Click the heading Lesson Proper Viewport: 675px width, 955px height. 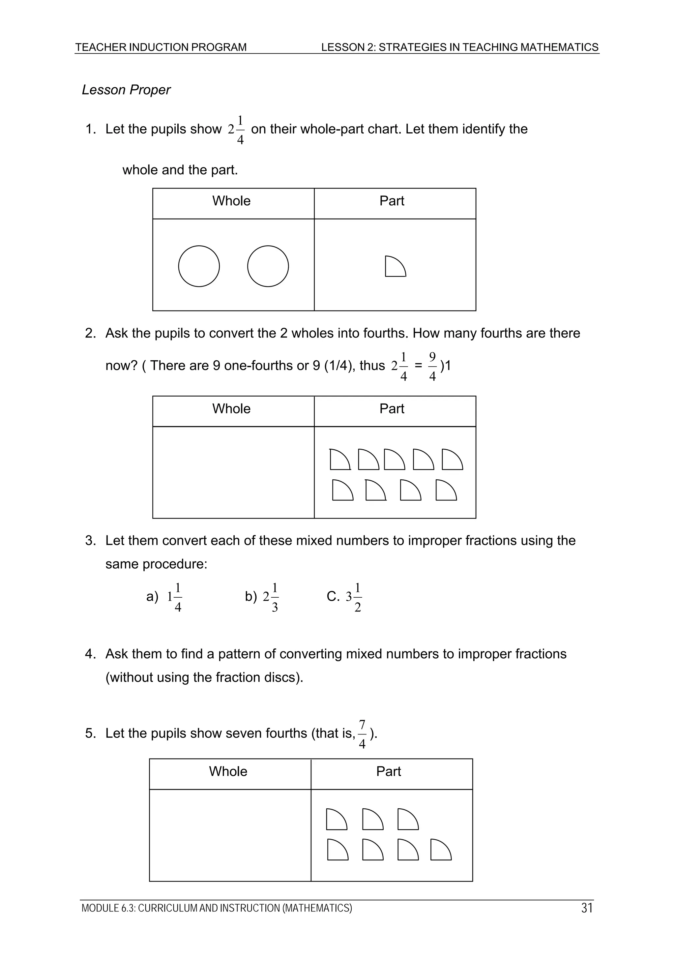126,90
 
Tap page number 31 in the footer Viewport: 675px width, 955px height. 587,908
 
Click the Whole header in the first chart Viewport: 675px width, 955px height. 231,201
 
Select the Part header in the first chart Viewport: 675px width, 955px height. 392,201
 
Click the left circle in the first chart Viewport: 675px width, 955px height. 199,266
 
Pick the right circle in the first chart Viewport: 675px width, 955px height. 268,266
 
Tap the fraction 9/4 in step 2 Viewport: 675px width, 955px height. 432,366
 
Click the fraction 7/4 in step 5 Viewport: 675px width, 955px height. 362,734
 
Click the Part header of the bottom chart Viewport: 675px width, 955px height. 389,772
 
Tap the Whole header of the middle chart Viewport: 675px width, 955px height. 231,409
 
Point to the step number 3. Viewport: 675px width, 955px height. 90,541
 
